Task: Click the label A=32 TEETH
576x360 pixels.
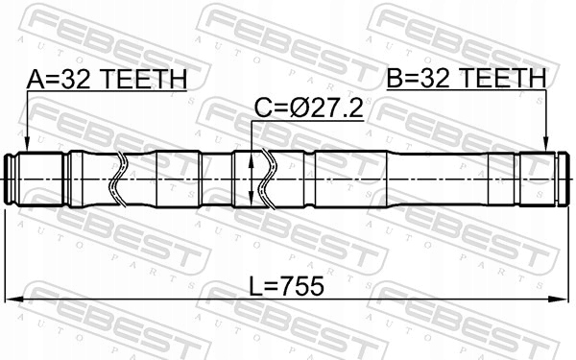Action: click(x=107, y=79)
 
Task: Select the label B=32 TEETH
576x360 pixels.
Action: click(x=466, y=79)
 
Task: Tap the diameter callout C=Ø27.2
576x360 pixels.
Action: click(x=308, y=109)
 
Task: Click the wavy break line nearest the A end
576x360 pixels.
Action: click(x=117, y=178)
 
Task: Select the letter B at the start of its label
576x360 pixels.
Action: click(x=394, y=79)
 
